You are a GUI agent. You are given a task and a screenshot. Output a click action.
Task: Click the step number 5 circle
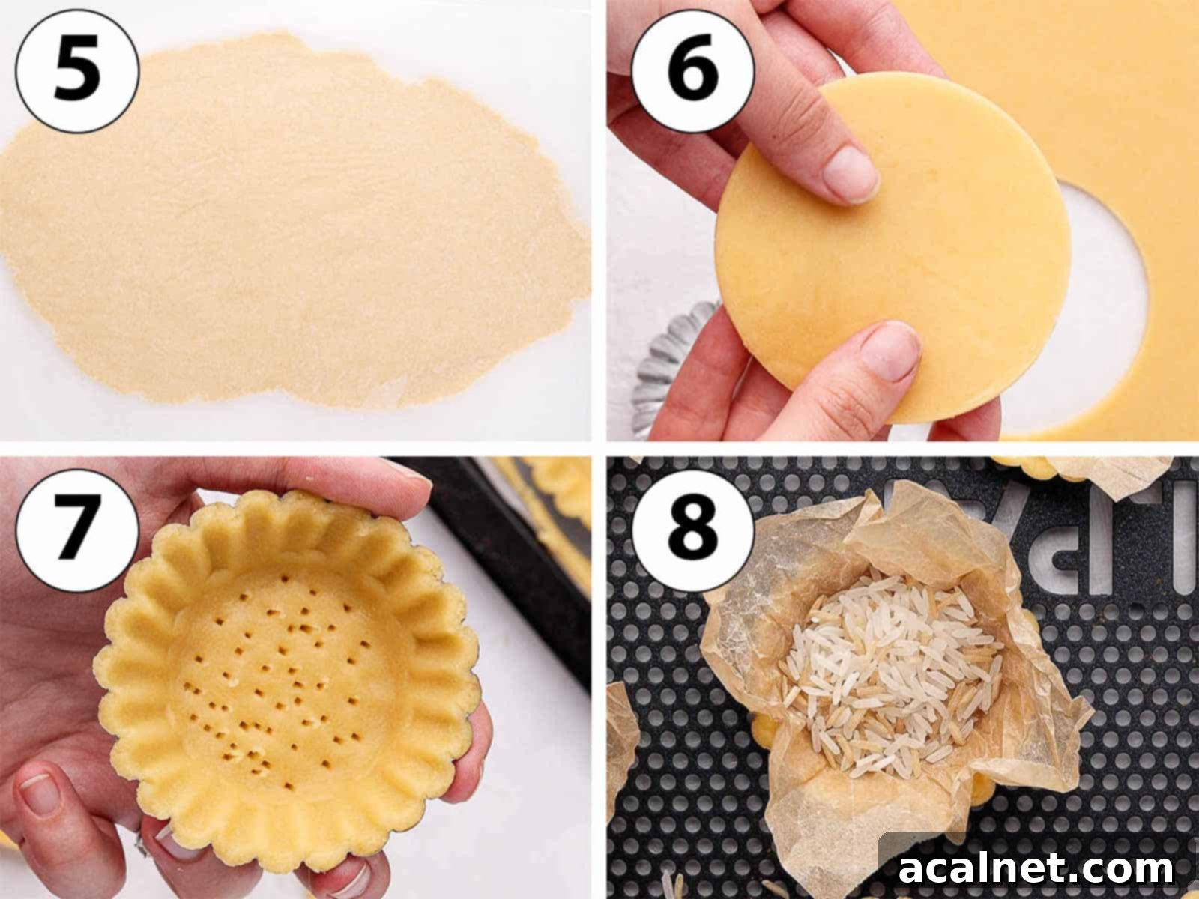(x=77, y=72)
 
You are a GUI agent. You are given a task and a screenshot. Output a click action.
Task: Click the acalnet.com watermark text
(x=1036, y=868)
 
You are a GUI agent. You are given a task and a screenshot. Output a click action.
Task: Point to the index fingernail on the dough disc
(x=851, y=172)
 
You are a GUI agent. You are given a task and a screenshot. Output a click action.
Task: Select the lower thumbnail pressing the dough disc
(x=892, y=352)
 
